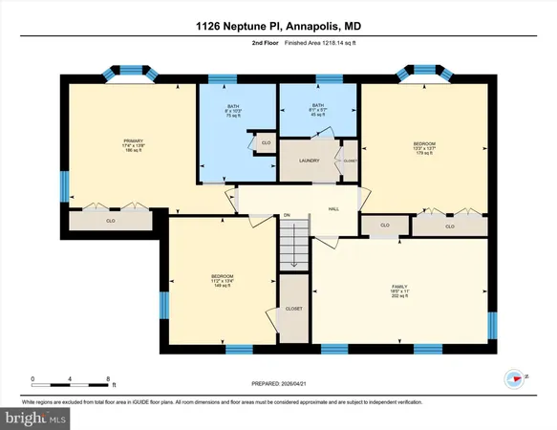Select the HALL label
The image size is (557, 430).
click(333, 208)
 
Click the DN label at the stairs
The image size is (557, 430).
click(286, 216)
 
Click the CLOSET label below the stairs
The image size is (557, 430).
click(294, 309)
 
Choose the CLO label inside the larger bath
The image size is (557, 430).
click(266, 143)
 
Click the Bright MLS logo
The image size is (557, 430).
click(35, 418)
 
